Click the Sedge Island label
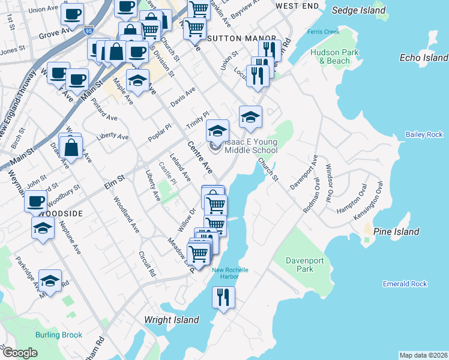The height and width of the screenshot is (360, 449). tap(358, 10)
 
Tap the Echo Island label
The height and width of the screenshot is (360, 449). tap(423, 58)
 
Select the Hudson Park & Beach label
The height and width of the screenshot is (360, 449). tap(334, 56)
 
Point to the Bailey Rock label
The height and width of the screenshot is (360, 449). tap(423, 134)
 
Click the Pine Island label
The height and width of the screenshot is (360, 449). tap(396, 232)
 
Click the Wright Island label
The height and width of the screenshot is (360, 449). tap(171, 320)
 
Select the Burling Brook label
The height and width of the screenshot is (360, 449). tap(58, 335)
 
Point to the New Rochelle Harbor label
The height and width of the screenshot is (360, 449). tap(230, 274)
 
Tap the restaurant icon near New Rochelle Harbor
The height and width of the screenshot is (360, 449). tap(224, 297)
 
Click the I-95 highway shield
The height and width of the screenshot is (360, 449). tap(89, 29)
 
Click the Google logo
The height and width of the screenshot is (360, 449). tap(19, 353)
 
